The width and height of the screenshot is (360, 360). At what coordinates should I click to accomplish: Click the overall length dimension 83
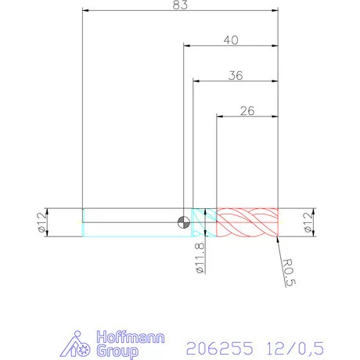point(181,5)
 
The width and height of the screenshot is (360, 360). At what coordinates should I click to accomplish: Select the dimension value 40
point(231,39)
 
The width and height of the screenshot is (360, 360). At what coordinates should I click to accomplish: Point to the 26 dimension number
point(247,110)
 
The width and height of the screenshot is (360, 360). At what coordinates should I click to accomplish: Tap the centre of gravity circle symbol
point(183,221)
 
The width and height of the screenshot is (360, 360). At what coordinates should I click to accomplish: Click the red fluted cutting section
point(247,221)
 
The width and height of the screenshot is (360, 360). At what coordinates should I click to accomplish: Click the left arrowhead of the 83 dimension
point(85,12)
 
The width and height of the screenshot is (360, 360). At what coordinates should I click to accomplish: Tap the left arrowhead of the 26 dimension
point(220,117)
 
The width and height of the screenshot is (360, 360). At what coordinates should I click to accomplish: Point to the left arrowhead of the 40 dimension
point(187,45)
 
